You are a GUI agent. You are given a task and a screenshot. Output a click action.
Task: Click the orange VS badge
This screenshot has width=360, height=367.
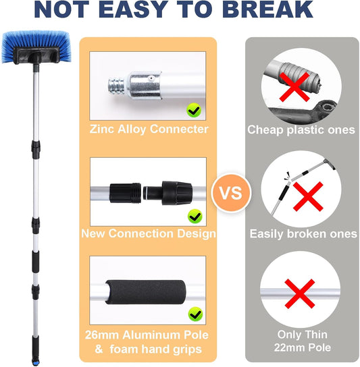[x=231, y=193]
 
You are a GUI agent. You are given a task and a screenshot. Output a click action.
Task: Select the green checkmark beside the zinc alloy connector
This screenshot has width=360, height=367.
[x=194, y=110]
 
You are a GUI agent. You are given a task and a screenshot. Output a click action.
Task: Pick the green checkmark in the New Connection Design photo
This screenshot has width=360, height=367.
[x=195, y=217]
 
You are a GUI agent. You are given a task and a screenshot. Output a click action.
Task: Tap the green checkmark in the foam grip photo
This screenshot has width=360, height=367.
[x=195, y=314]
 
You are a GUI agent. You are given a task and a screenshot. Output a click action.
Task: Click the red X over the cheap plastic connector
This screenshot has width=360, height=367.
[x=294, y=87]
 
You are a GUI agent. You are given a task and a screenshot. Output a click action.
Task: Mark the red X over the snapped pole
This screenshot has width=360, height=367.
[x=308, y=196]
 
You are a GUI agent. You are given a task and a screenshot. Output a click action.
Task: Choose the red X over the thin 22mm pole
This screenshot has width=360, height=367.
[x=299, y=293]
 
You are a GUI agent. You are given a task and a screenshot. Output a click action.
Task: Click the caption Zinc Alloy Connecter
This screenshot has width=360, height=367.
[x=149, y=130]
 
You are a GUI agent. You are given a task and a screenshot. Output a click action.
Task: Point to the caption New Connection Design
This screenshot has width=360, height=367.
[x=149, y=233]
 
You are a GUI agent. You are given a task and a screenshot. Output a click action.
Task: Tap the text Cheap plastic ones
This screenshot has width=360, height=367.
[x=301, y=130]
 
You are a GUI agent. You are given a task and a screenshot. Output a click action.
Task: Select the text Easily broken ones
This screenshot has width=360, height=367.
[x=303, y=234]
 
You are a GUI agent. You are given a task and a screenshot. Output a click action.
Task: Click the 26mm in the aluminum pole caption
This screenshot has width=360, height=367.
[x=102, y=335]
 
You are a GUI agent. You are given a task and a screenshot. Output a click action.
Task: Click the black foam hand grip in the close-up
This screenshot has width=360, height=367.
[x=145, y=292]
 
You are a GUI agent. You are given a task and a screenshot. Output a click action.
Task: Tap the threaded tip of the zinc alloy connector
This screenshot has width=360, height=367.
[x=116, y=87]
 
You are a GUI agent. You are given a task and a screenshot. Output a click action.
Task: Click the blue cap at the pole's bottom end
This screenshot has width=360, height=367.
[x=35, y=362]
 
